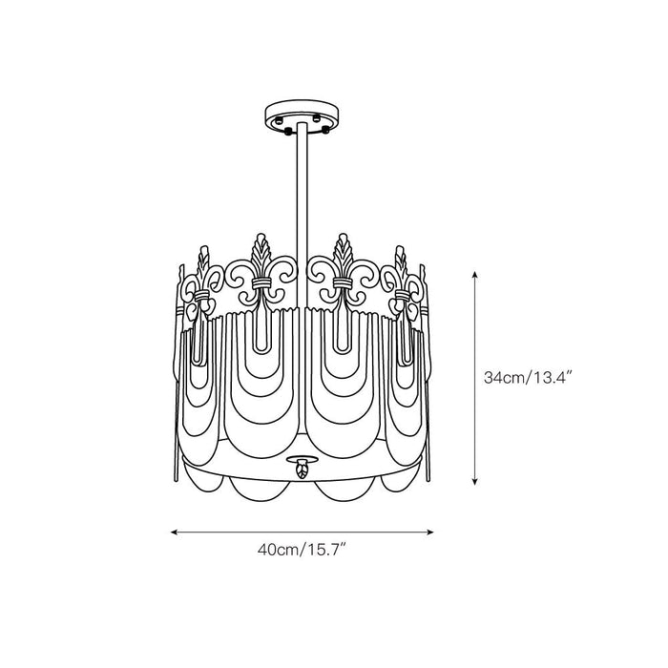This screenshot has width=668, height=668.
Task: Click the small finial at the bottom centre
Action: coord(303,469)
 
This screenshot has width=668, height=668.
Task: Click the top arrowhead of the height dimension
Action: coord(475,272)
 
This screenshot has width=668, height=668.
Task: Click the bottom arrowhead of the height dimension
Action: coord(475,483)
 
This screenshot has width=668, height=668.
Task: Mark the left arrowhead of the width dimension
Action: coord(175,531)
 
